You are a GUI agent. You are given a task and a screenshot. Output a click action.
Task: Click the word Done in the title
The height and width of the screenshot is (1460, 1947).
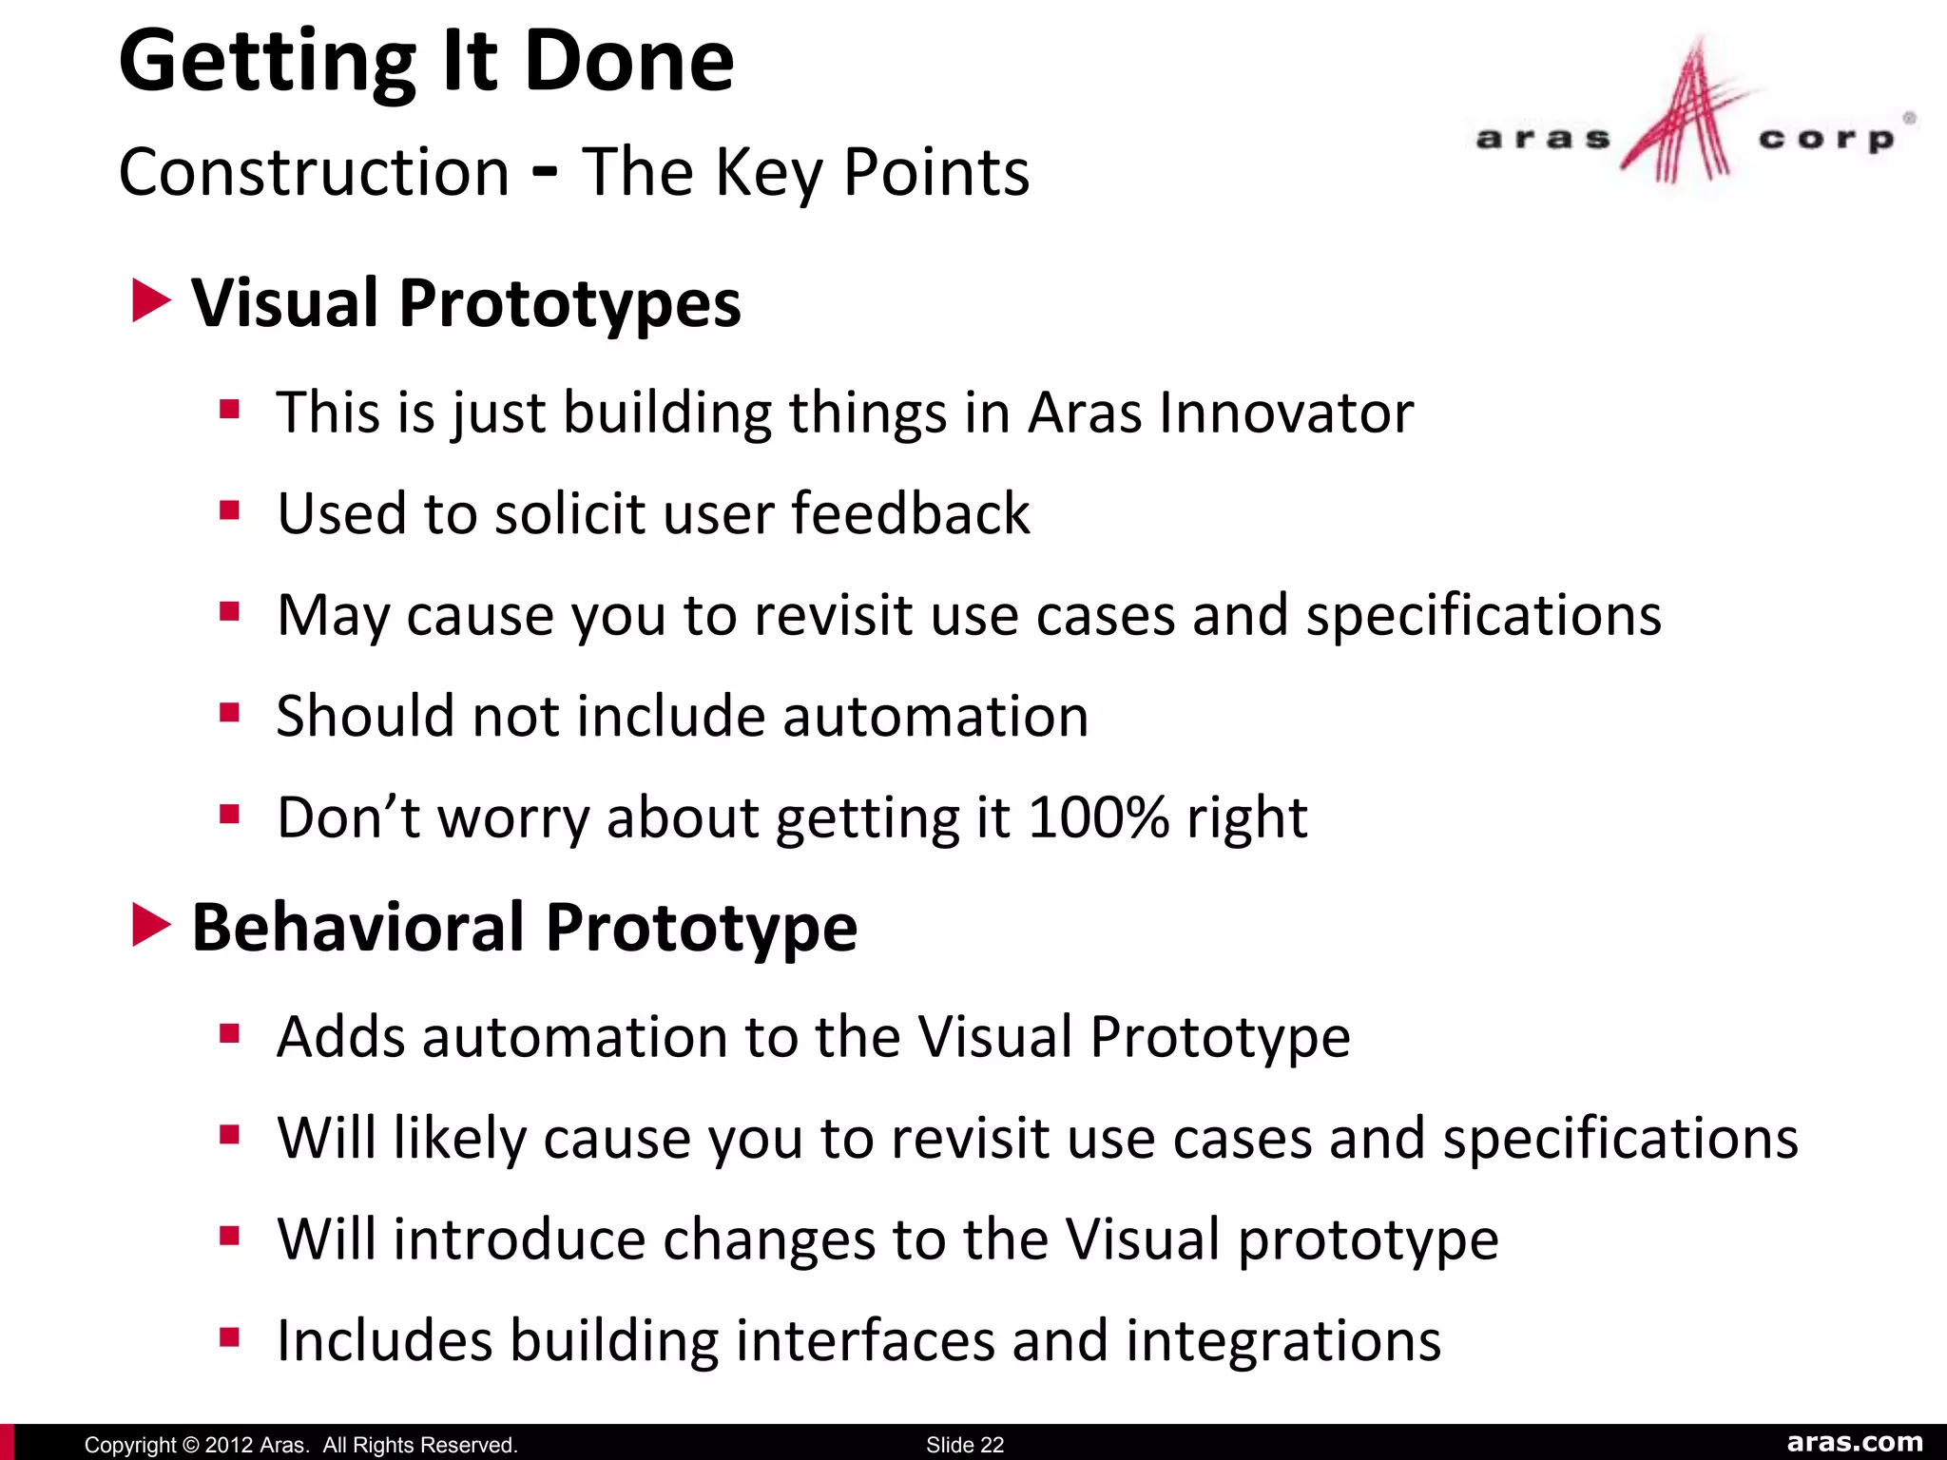click(628, 62)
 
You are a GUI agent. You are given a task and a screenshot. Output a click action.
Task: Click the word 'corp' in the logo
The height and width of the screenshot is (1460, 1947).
click(1826, 140)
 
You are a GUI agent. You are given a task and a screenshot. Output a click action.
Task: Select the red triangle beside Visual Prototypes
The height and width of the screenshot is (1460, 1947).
click(150, 301)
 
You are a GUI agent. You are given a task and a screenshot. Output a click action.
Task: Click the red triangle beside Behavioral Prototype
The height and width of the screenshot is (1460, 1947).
click(150, 926)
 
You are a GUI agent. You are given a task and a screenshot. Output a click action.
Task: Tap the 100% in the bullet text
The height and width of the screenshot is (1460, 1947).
click(1098, 817)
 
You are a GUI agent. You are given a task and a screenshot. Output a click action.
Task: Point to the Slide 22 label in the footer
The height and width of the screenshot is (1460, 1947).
click(964, 1445)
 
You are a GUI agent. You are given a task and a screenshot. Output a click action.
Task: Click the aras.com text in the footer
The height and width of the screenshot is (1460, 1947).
click(1854, 1442)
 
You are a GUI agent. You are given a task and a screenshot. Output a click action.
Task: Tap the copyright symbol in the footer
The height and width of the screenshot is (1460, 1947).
click(189, 1445)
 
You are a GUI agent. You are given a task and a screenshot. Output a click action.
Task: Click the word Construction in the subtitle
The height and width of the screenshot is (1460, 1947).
click(315, 173)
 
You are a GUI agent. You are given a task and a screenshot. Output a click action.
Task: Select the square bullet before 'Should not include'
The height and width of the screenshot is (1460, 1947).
click(229, 713)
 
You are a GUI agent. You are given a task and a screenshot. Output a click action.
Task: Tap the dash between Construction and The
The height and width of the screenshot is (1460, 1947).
click(545, 173)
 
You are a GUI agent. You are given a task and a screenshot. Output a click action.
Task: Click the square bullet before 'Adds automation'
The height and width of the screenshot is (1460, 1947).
click(229, 1033)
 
